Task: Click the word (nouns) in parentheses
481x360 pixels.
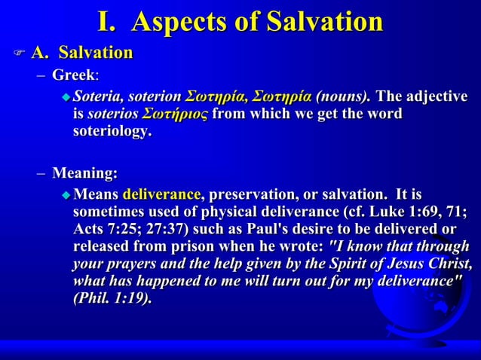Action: coord(343,96)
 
